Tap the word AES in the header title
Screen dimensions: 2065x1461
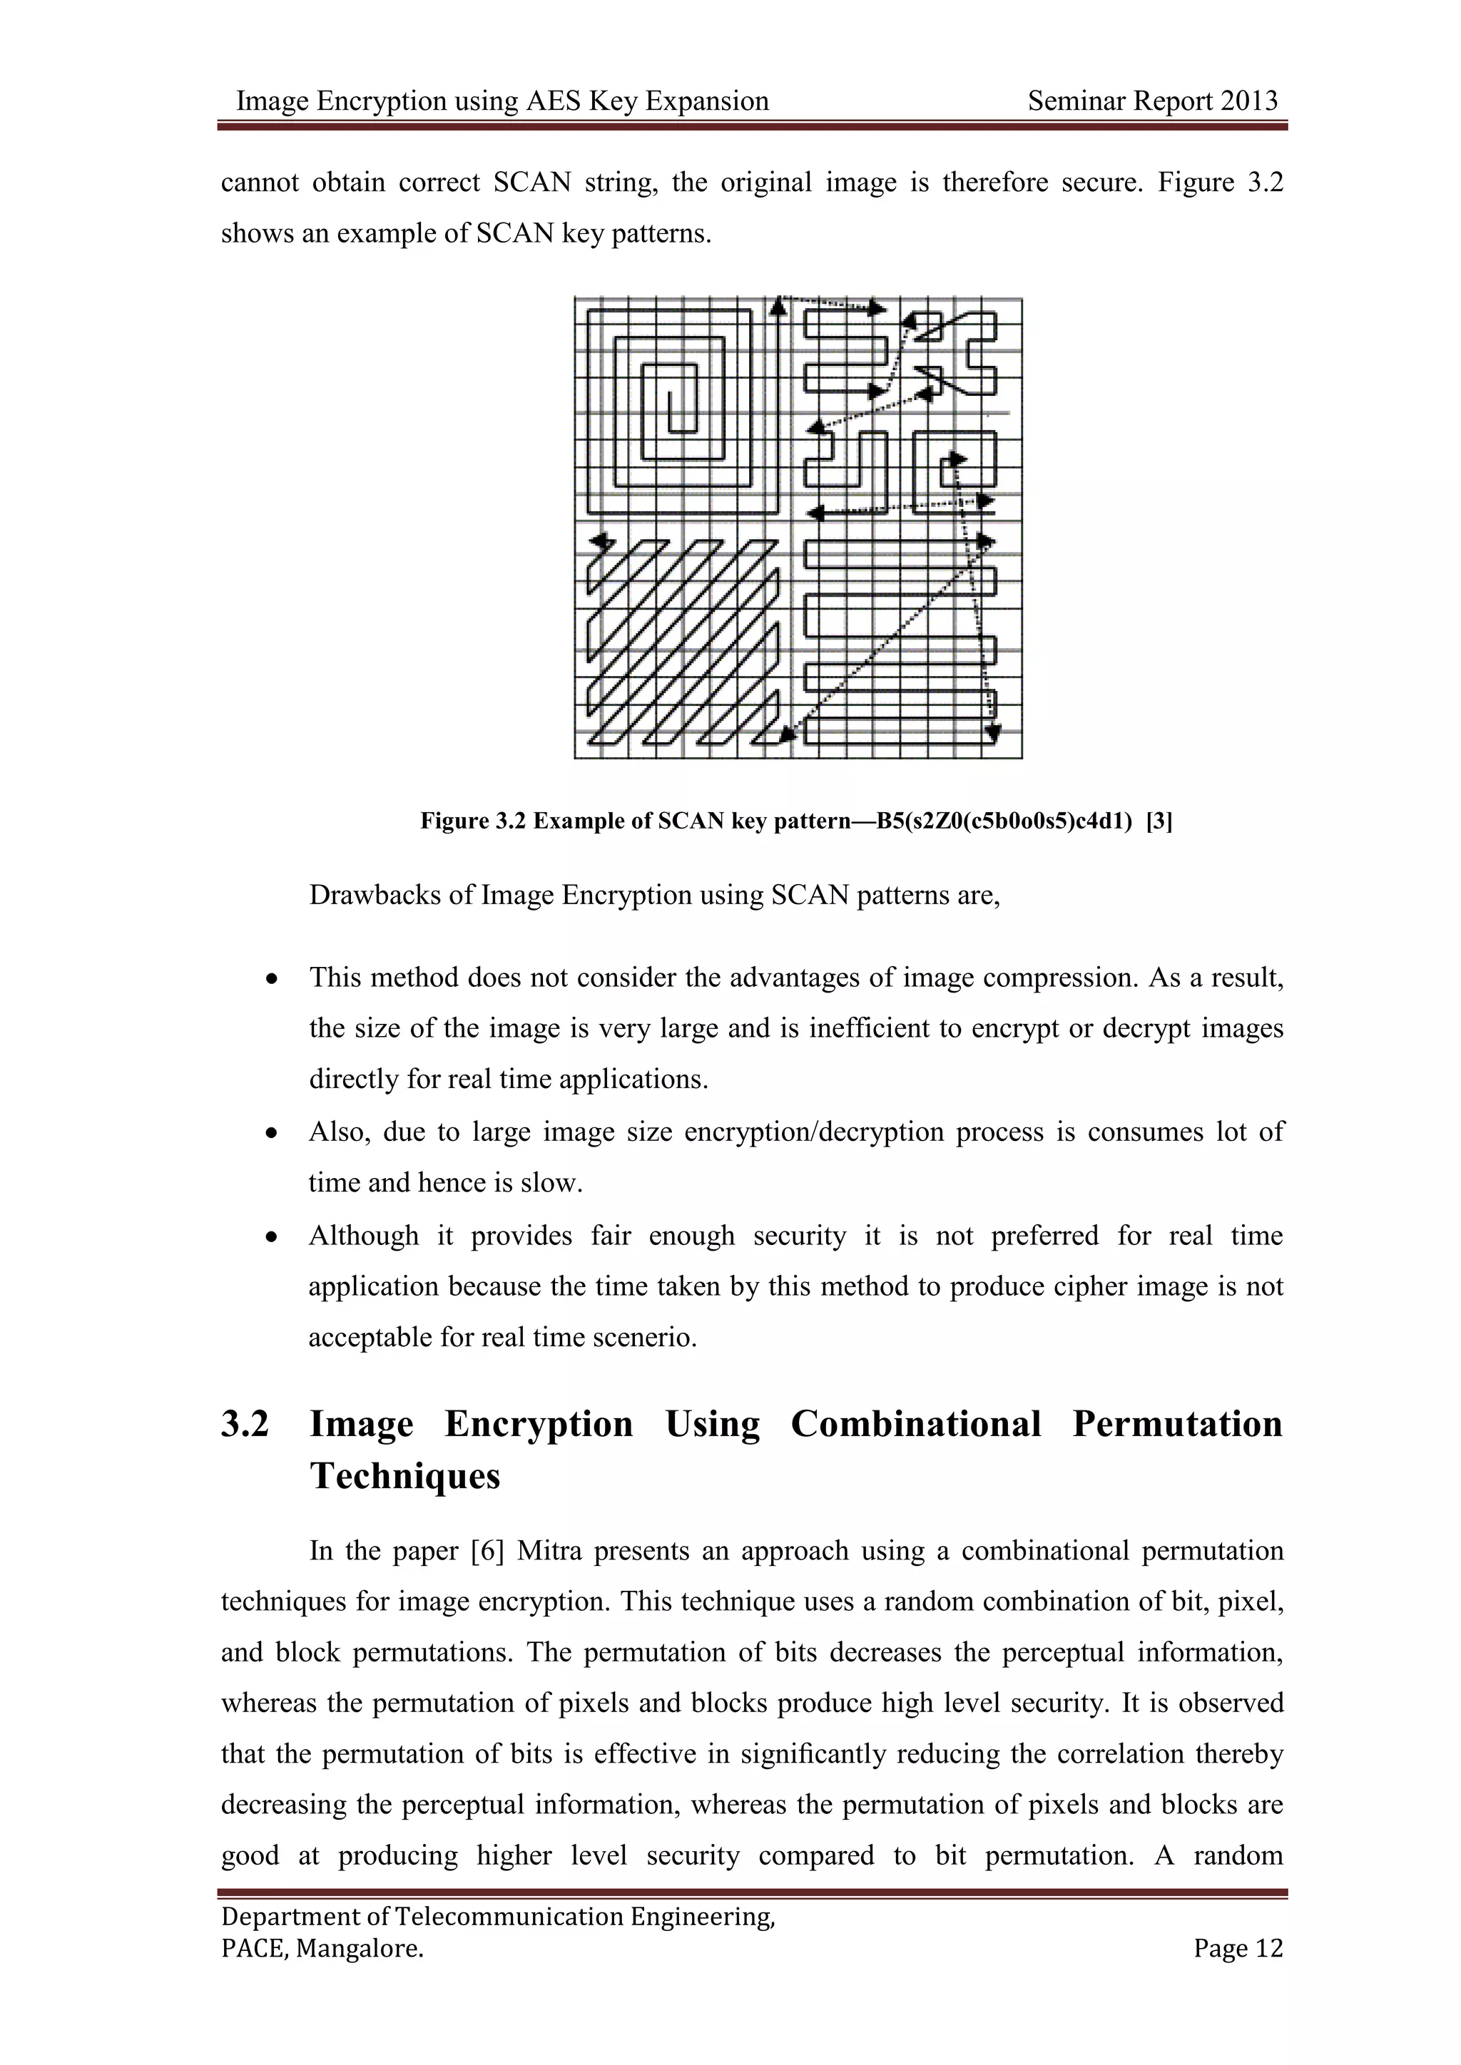[554, 101]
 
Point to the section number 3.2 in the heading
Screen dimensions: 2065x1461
[245, 1425]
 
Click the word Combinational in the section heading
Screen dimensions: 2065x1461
[916, 1425]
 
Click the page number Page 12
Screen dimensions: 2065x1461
[1238, 1948]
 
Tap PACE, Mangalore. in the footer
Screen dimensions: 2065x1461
[322, 1948]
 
